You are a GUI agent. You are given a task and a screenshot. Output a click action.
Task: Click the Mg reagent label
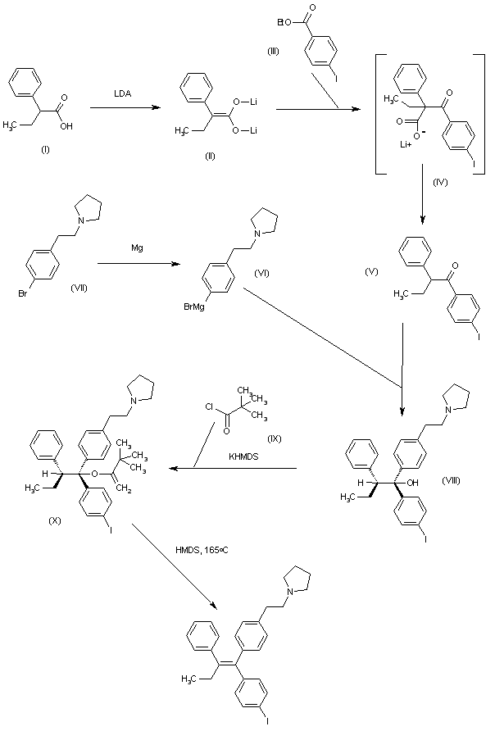click(x=139, y=245)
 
